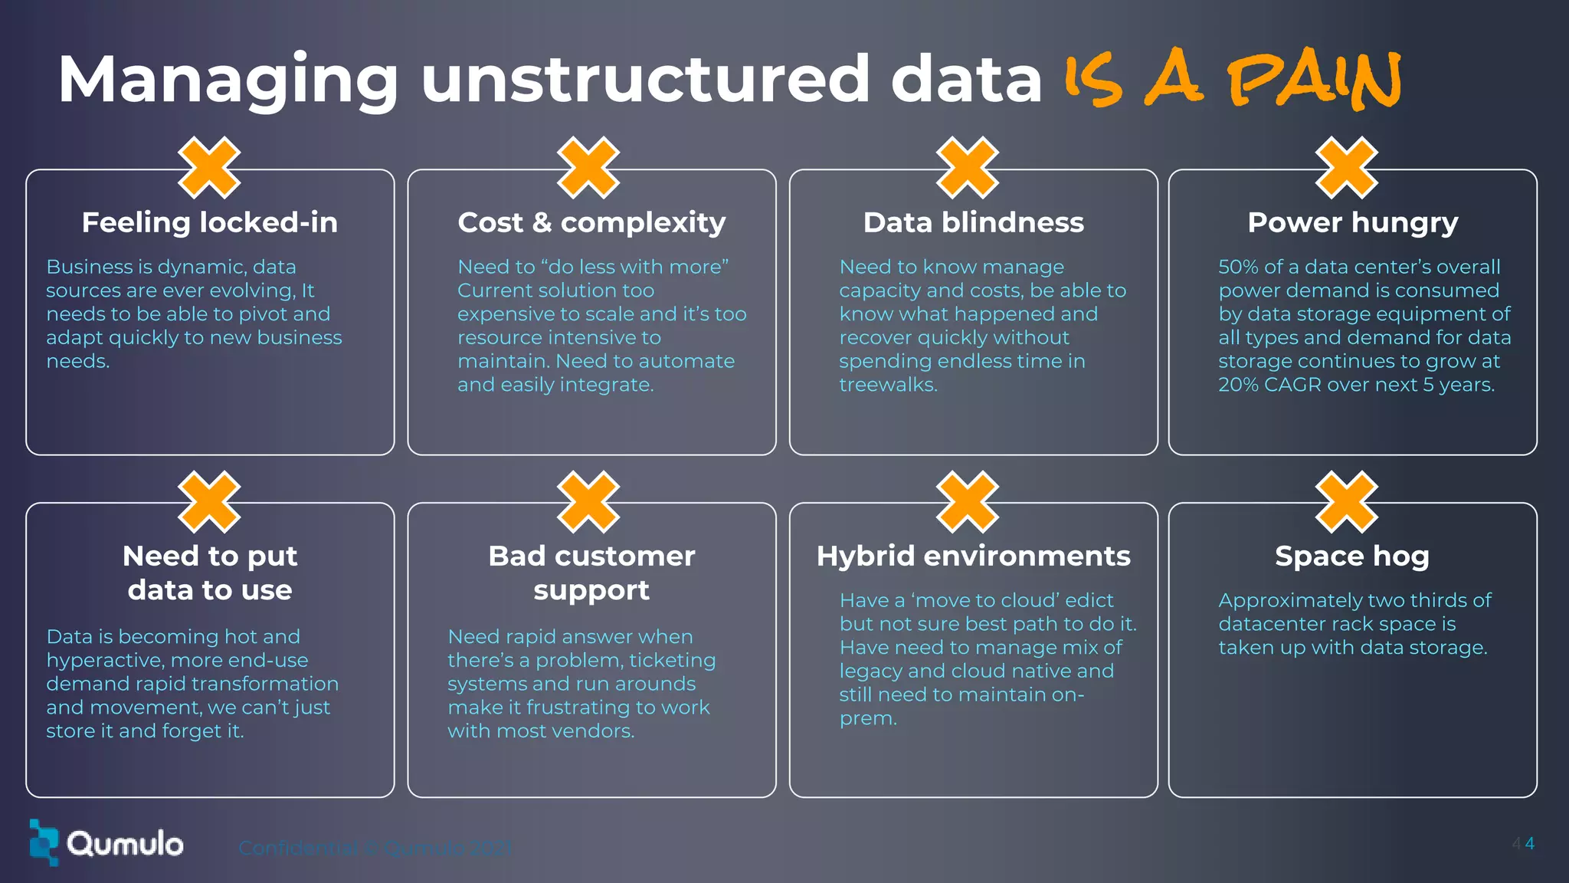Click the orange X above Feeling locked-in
coord(209,168)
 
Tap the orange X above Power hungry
coord(1346,168)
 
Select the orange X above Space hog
coord(1346,502)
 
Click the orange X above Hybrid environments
coord(968,502)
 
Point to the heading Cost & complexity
coord(591,222)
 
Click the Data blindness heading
coord(973,222)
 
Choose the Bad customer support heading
coord(591,573)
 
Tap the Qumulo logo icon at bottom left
coord(44,842)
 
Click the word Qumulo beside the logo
coord(125,844)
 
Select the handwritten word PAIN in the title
coord(1315,80)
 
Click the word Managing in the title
coord(228,80)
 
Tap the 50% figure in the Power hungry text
coord(1238,267)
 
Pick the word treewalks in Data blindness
coord(887,385)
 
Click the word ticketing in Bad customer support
coord(671,661)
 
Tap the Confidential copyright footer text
coord(375,848)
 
